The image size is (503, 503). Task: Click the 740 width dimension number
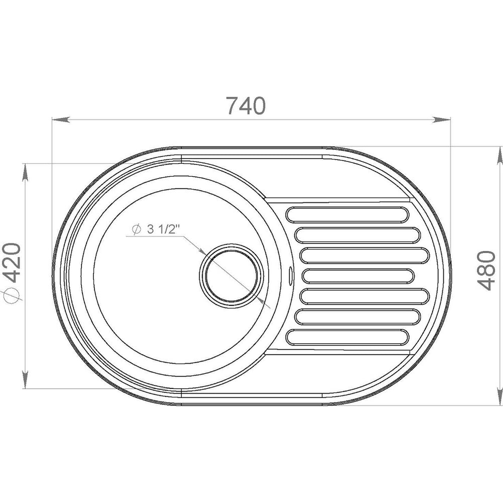[246, 106]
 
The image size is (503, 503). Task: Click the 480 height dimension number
[486, 271]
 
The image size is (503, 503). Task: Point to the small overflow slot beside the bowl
[291, 275]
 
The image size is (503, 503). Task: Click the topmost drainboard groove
[348, 215]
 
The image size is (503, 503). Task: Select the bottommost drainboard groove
[348, 337]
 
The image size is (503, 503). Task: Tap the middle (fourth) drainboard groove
[358, 276]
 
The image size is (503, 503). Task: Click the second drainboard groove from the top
[357, 235]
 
